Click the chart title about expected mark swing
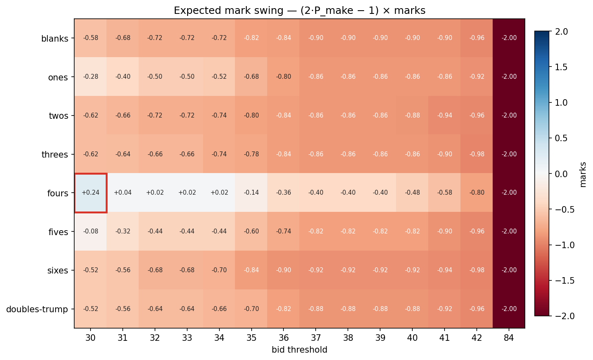coord(299,11)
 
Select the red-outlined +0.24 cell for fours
coord(91,193)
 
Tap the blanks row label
coord(55,39)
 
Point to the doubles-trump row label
coord(37,309)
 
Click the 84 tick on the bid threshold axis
coord(509,338)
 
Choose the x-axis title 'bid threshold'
coord(299,350)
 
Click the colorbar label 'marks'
coord(583,174)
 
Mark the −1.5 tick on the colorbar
coord(561,280)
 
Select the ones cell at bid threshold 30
coord(91,77)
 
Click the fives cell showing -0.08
coord(91,231)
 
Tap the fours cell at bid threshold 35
coord(251,193)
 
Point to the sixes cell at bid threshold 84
coord(509,270)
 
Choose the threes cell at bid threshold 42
coord(476,154)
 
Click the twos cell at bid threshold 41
coord(445,116)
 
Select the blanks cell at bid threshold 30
coord(91,38)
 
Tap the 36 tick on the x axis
coord(283,338)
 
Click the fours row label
coord(58,193)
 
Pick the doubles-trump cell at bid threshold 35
coord(251,309)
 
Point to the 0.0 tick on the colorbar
coord(561,174)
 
